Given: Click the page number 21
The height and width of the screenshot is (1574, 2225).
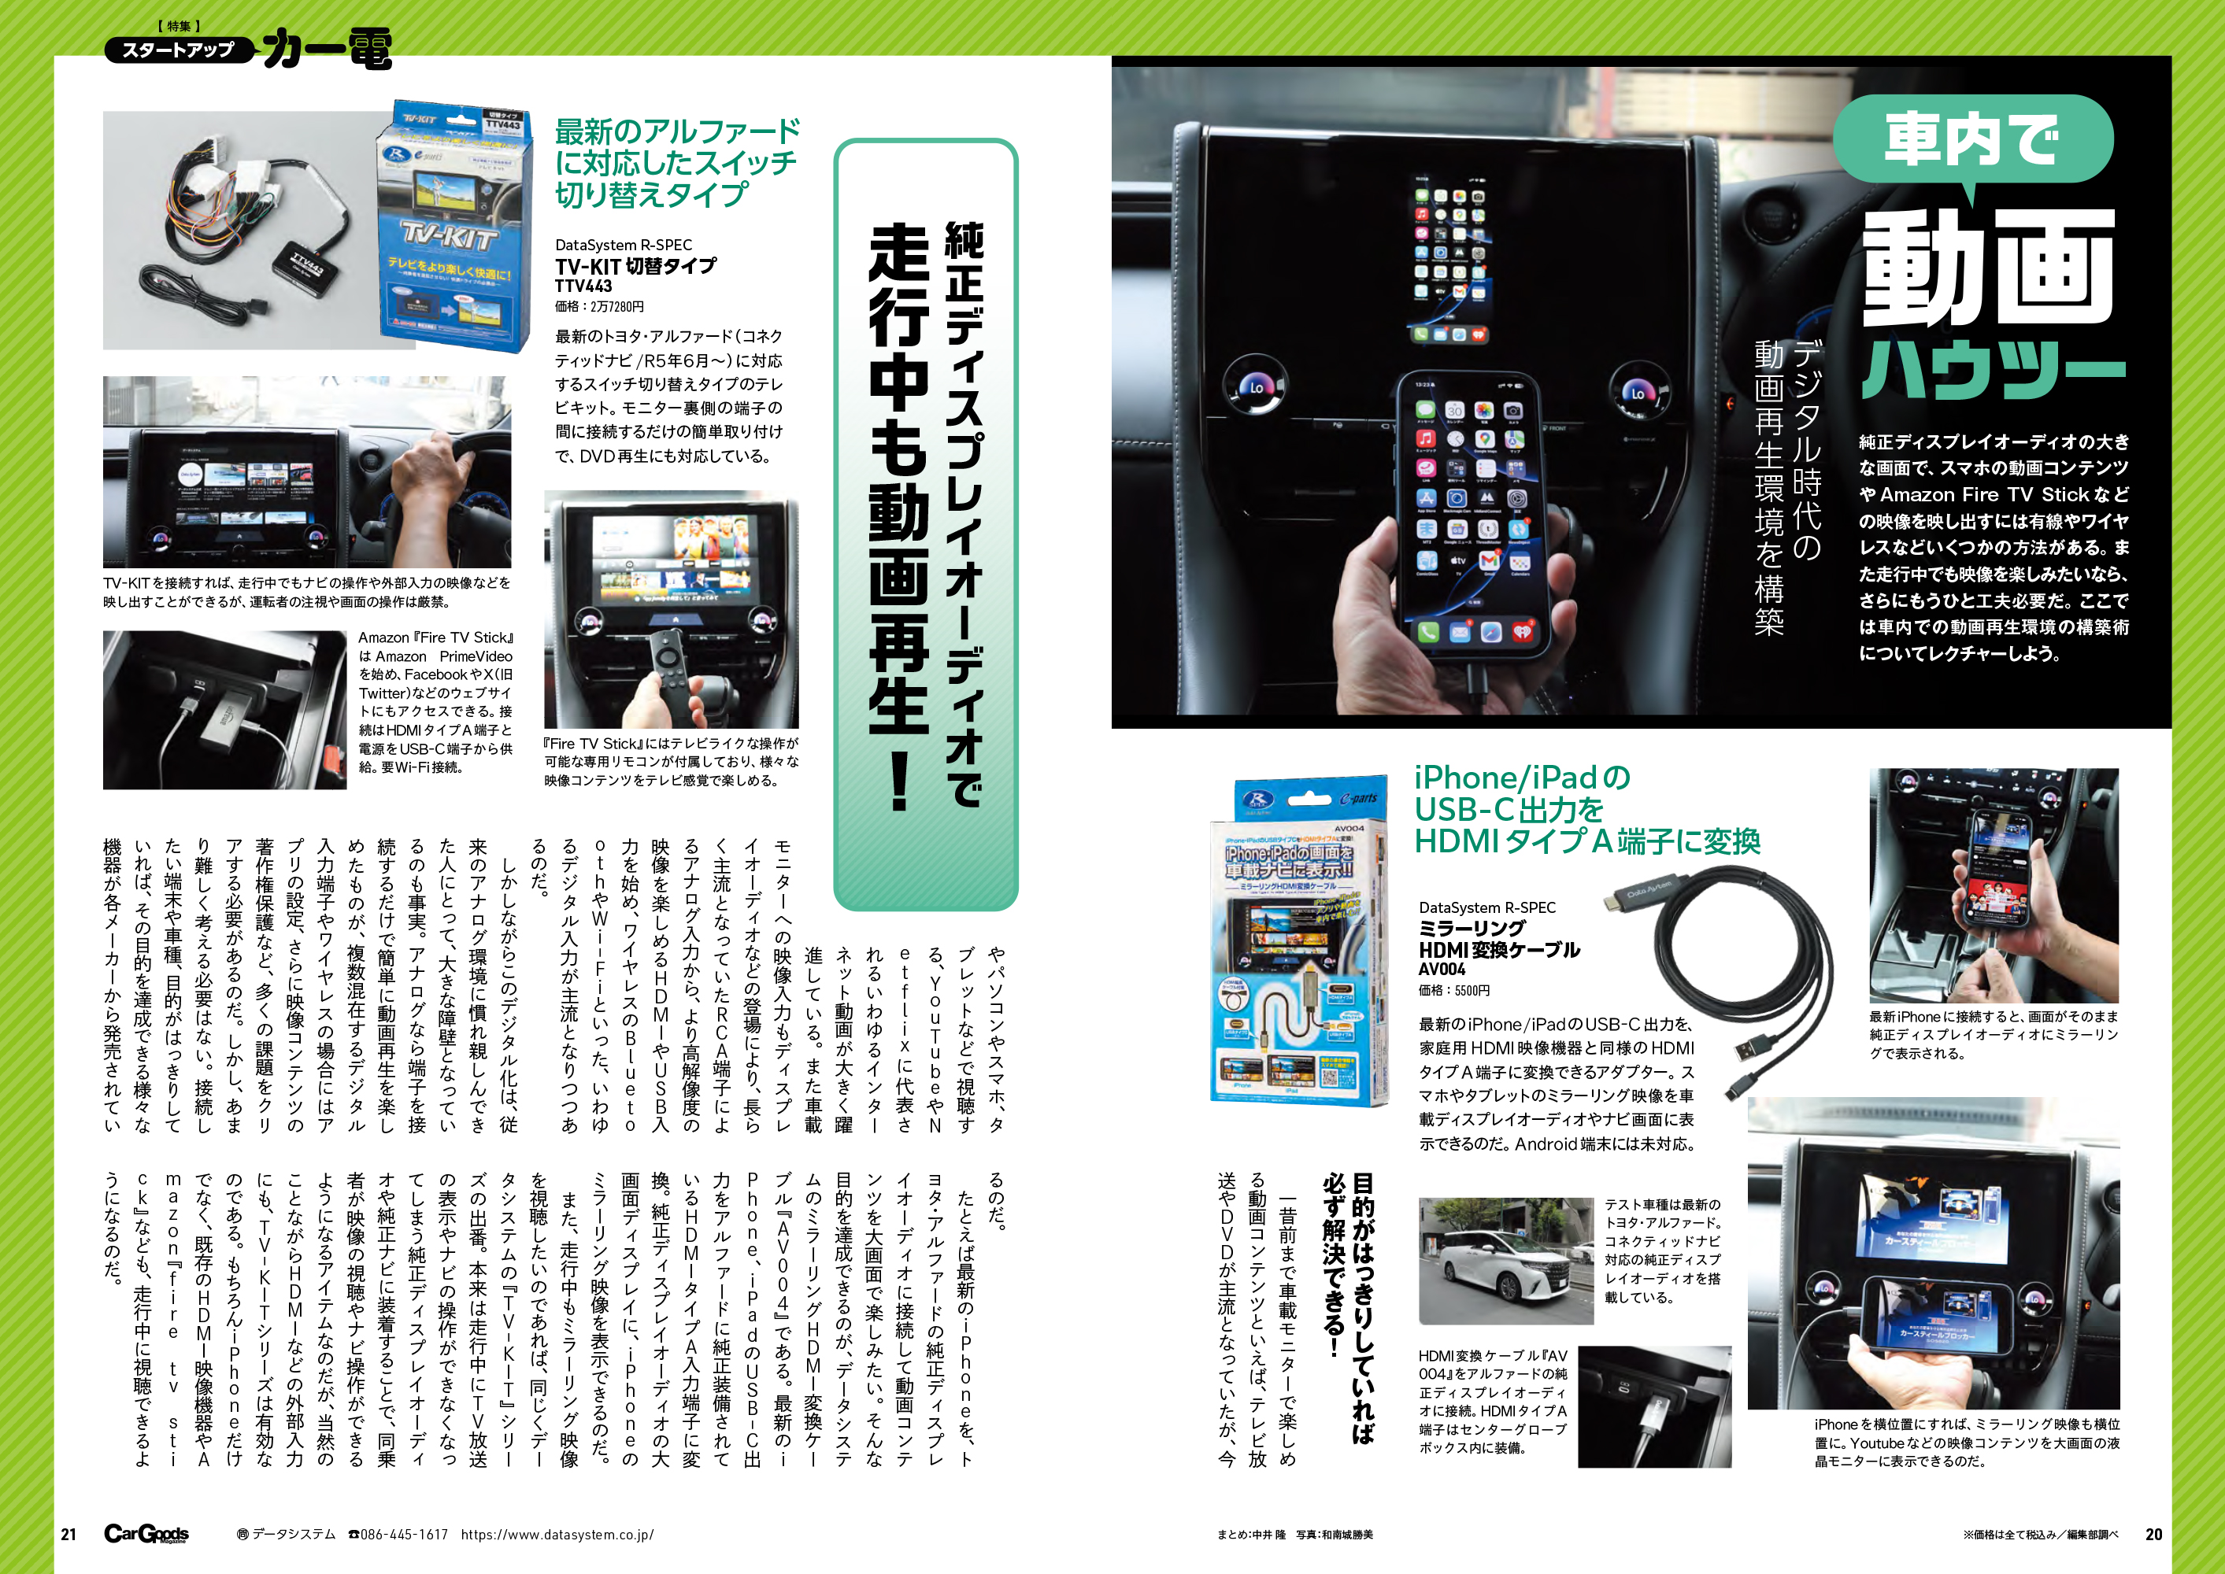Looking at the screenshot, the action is [68, 1535].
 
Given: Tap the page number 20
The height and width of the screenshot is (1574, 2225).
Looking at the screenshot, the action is [2153, 1535].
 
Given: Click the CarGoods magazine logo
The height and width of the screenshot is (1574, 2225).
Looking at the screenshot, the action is [146, 1533].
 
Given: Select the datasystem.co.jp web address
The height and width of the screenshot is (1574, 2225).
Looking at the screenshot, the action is [557, 1535].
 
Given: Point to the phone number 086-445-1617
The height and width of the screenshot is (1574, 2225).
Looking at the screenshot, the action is [398, 1535].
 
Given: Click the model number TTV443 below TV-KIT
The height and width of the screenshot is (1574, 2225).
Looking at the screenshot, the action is [583, 286].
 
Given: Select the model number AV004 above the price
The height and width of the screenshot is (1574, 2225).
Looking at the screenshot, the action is [1442, 970].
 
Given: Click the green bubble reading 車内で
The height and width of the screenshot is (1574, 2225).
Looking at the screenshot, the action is [1972, 141].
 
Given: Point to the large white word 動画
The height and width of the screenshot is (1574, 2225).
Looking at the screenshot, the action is [1987, 267].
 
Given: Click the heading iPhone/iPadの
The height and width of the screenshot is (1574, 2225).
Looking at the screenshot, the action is [1522, 778].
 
